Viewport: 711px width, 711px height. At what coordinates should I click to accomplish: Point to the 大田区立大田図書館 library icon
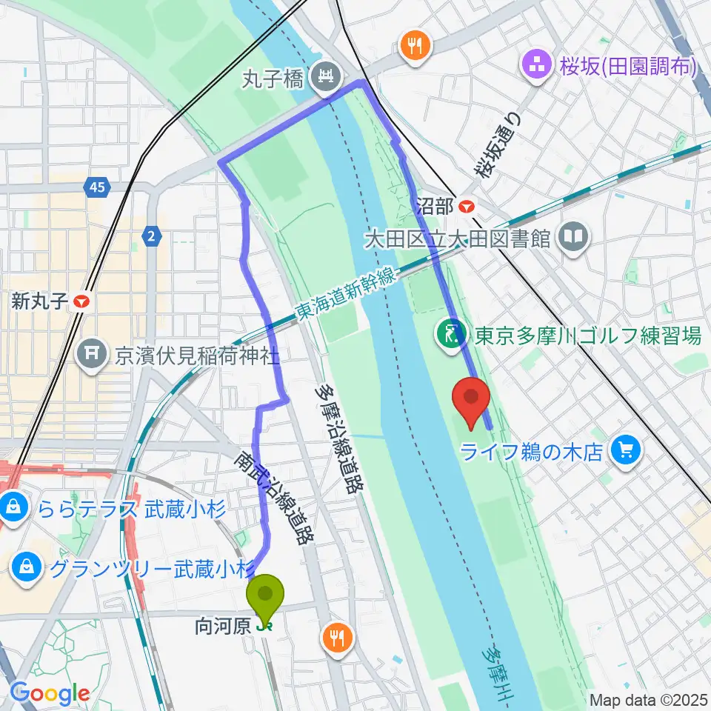[574, 238]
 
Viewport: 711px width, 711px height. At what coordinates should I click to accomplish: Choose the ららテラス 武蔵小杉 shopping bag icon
[13, 508]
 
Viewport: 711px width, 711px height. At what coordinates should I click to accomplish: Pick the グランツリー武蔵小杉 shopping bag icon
[27, 568]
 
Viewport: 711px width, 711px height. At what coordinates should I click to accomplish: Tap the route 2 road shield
[151, 236]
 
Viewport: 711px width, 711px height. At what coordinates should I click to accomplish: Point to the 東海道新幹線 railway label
[348, 294]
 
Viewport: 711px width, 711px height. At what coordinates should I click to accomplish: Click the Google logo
[50, 693]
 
